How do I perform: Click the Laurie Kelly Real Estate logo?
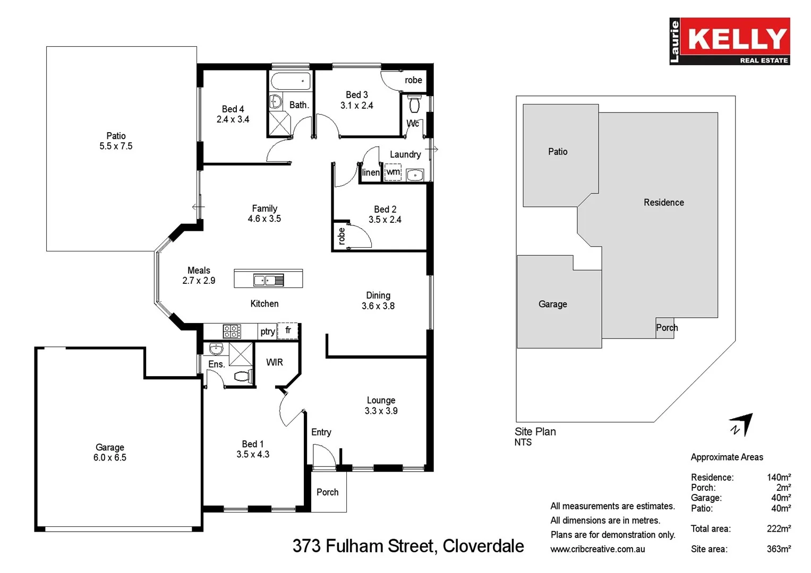(x=729, y=41)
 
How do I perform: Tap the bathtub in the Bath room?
(x=291, y=81)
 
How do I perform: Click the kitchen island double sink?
(x=268, y=280)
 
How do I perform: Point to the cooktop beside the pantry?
(x=232, y=332)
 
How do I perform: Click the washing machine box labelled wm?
(x=392, y=172)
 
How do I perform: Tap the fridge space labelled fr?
(x=288, y=331)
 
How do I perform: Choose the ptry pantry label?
(x=267, y=332)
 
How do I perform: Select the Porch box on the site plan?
(x=665, y=328)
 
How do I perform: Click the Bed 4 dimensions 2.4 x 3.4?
(x=233, y=119)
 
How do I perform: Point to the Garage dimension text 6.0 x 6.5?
(x=110, y=457)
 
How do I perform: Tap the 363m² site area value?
(x=779, y=549)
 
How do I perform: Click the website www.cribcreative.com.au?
(x=597, y=549)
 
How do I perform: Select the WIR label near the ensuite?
(x=274, y=362)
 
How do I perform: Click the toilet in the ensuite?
(x=242, y=377)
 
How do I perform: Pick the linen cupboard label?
(x=370, y=172)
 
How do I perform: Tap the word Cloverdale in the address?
(x=483, y=546)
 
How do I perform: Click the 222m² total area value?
(x=779, y=528)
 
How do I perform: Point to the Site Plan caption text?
(x=535, y=431)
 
